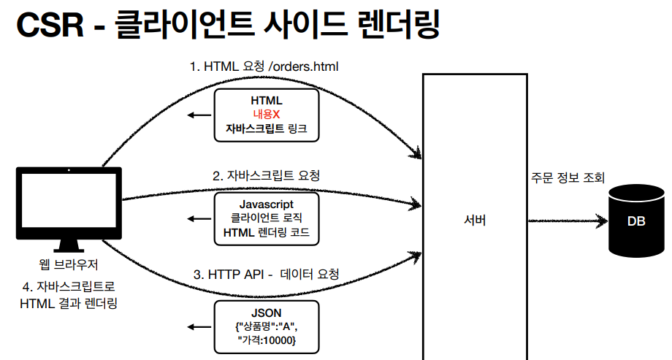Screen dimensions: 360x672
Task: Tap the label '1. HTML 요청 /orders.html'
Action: click(264, 66)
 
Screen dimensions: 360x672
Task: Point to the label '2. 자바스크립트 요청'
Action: click(266, 176)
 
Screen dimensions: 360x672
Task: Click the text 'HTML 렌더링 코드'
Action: click(267, 232)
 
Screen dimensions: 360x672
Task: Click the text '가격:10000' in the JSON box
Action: click(267, 340)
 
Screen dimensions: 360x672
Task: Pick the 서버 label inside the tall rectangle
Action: click(474, 221)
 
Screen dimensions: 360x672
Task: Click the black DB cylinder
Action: click(636, 220)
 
